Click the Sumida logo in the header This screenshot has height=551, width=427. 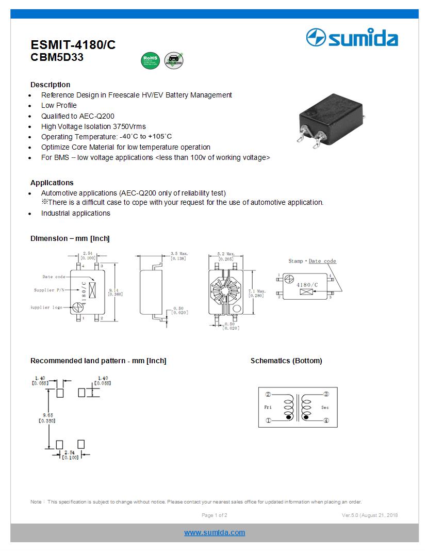(352, 38)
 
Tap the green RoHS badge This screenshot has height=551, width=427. (150, 60)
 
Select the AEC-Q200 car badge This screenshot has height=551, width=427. (174, 60)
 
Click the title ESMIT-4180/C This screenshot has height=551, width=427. (73, 45)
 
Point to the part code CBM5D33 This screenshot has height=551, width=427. (57, 58)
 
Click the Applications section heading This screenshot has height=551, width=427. (52, 183)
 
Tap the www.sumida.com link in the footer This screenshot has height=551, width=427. (215, 532)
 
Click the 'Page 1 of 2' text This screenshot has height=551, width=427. (214, 515)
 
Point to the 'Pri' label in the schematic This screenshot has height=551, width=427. (268, 408)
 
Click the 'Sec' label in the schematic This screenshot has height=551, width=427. (325, 408)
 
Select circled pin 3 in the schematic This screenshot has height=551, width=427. (325, 394)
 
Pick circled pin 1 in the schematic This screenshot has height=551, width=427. (268, 420)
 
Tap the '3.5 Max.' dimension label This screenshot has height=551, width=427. (179, 254)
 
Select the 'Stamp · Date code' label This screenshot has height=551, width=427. (312, 261)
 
